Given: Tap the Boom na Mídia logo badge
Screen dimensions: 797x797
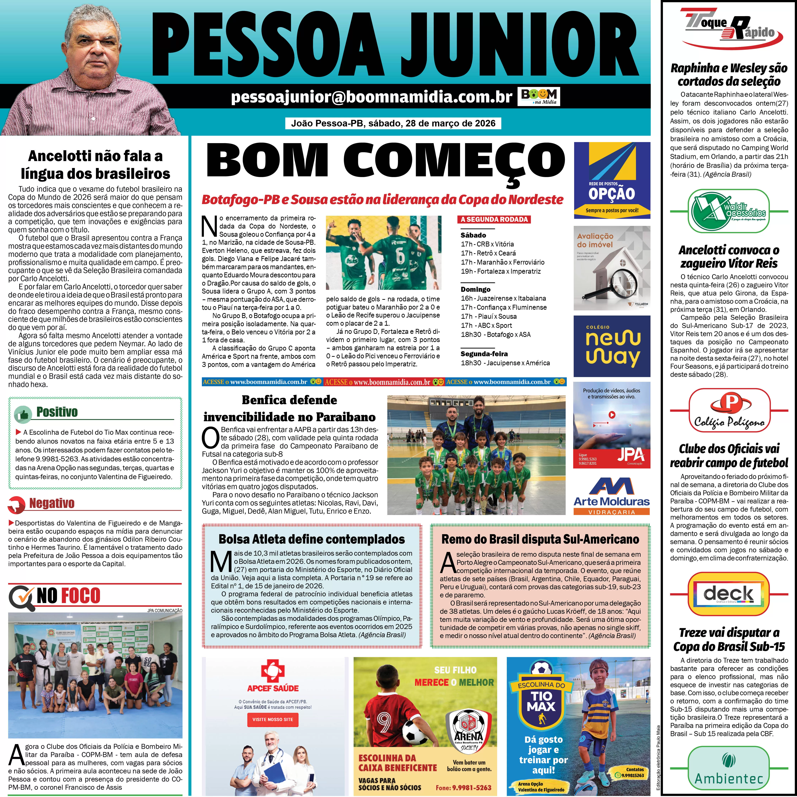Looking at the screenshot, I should click(x=539, y=97).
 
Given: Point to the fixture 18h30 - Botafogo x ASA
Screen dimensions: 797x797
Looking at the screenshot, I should click(x=495, y=335).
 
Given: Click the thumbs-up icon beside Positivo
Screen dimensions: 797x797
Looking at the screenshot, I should click(x=23, y=414).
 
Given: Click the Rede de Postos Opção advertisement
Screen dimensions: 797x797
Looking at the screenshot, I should click(x=612, y=180).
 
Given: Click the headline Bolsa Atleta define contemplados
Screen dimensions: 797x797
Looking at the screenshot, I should click(x=311, y=539).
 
